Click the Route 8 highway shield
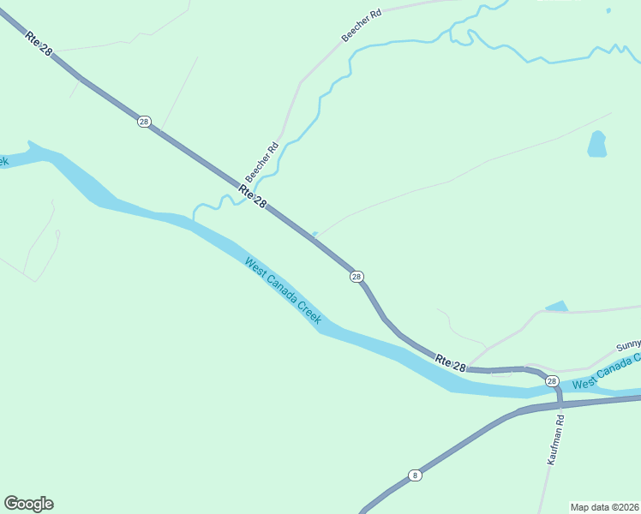click(415, 475)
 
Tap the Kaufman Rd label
click(556, 440)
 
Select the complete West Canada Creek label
click(283, 290)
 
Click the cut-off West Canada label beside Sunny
click(606, 374)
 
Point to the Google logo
click(28, 504)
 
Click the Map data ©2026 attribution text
click(604, 506)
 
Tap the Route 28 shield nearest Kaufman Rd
click(551, 381)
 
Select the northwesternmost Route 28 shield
click(143, 122)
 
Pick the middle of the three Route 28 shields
click(356, 276)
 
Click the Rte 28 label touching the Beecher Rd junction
click(254, 196)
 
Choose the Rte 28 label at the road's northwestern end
click(39, 45)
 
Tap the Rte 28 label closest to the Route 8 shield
click(451, 362)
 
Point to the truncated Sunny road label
click(628, 346)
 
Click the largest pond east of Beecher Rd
click(596, 144)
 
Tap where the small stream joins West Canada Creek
click(194, 219)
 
